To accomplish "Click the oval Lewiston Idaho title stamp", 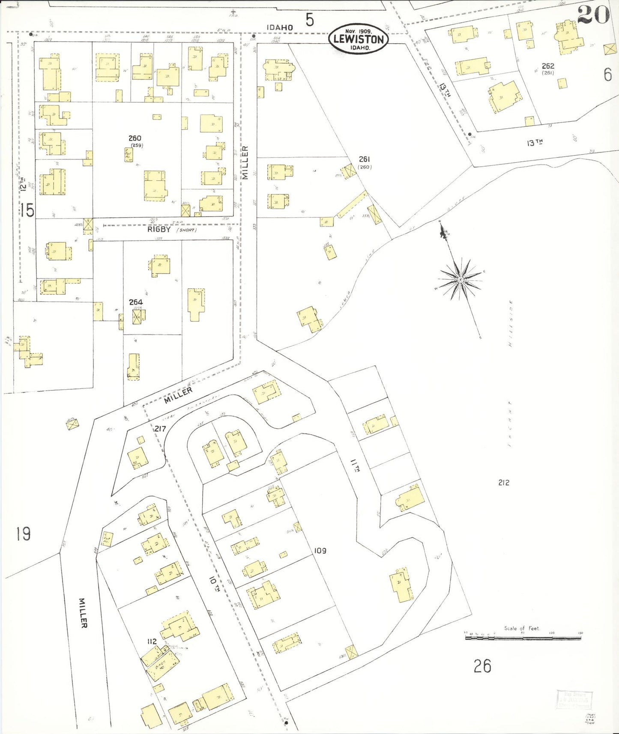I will coord(359,39).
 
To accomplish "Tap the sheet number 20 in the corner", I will coord(593,15).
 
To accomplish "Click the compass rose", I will coord(460,280).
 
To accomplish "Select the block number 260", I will coord(135,138).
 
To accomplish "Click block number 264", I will coord(136,302).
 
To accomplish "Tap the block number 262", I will coord(548,66).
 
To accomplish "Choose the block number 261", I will coord(364,159).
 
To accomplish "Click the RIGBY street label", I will coord(159,229).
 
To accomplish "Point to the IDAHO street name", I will coord(280,27).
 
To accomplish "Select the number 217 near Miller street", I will coord(160,428).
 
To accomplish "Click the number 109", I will coord(320,550).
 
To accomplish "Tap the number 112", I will coord(152,641).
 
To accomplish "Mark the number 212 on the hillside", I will coord(504,482).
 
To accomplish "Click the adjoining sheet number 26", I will coord(482,666).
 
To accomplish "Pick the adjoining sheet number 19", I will coord(23,534).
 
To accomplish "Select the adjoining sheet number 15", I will coord(27,210).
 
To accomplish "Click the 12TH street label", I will coord(23,185).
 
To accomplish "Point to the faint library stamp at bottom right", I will coord(574,700).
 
